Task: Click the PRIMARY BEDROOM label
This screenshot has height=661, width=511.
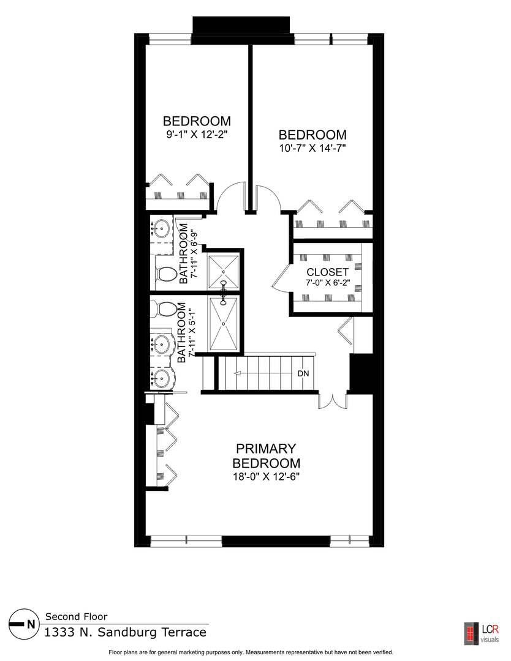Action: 266,456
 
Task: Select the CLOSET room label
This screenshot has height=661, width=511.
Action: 328,272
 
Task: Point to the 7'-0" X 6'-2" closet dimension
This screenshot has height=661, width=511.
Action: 328,283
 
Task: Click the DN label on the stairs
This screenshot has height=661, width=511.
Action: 303,373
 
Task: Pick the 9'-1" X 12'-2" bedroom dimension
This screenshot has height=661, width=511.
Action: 196,134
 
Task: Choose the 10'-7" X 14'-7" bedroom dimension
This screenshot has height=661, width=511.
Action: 312,148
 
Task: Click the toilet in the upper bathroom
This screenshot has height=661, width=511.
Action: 164,275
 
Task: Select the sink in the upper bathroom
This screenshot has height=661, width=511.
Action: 162,230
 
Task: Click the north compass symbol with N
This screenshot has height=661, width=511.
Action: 23,624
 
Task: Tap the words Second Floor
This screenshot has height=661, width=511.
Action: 77,616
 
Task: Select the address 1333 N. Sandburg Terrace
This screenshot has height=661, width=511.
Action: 125,632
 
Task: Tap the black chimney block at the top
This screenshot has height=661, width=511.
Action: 241,26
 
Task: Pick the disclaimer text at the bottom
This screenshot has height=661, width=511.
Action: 251,652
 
